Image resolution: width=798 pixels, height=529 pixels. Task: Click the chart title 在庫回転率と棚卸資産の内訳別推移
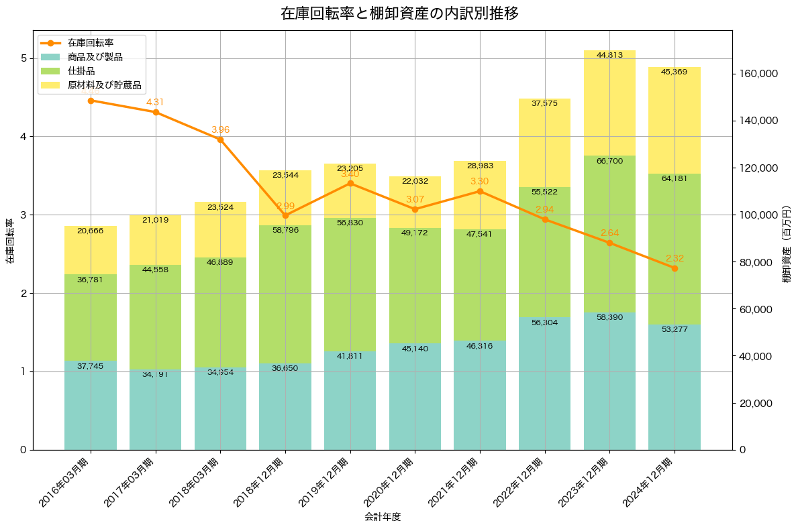click(x=399, y=13)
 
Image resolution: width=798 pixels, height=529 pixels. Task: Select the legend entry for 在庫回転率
click(x=95, y=43)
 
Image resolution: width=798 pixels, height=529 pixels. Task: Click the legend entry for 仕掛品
click(x=81, y=71)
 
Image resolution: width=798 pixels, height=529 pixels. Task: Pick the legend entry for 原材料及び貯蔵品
click(x=104, y=85)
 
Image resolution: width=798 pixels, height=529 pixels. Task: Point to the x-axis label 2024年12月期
click(x=648, y=481)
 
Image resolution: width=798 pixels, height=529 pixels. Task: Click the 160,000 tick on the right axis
click(x=758, y=73)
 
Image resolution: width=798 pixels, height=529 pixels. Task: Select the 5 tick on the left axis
click(x=23, y=58)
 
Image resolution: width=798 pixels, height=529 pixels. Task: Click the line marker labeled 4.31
click(x=156, y=112)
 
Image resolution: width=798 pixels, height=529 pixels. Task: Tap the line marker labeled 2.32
click(x=675, y=268)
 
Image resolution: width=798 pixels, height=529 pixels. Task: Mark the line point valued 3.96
click(x=220, y=139)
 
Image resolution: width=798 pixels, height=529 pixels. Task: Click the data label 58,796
click(x=285, y=230)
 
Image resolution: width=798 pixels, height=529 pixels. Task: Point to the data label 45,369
click(x=674, y=72)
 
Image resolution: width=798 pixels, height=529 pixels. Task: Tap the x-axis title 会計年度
click(x=383, y=517)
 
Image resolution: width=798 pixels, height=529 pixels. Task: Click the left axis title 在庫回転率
click(x=9, y=241)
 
